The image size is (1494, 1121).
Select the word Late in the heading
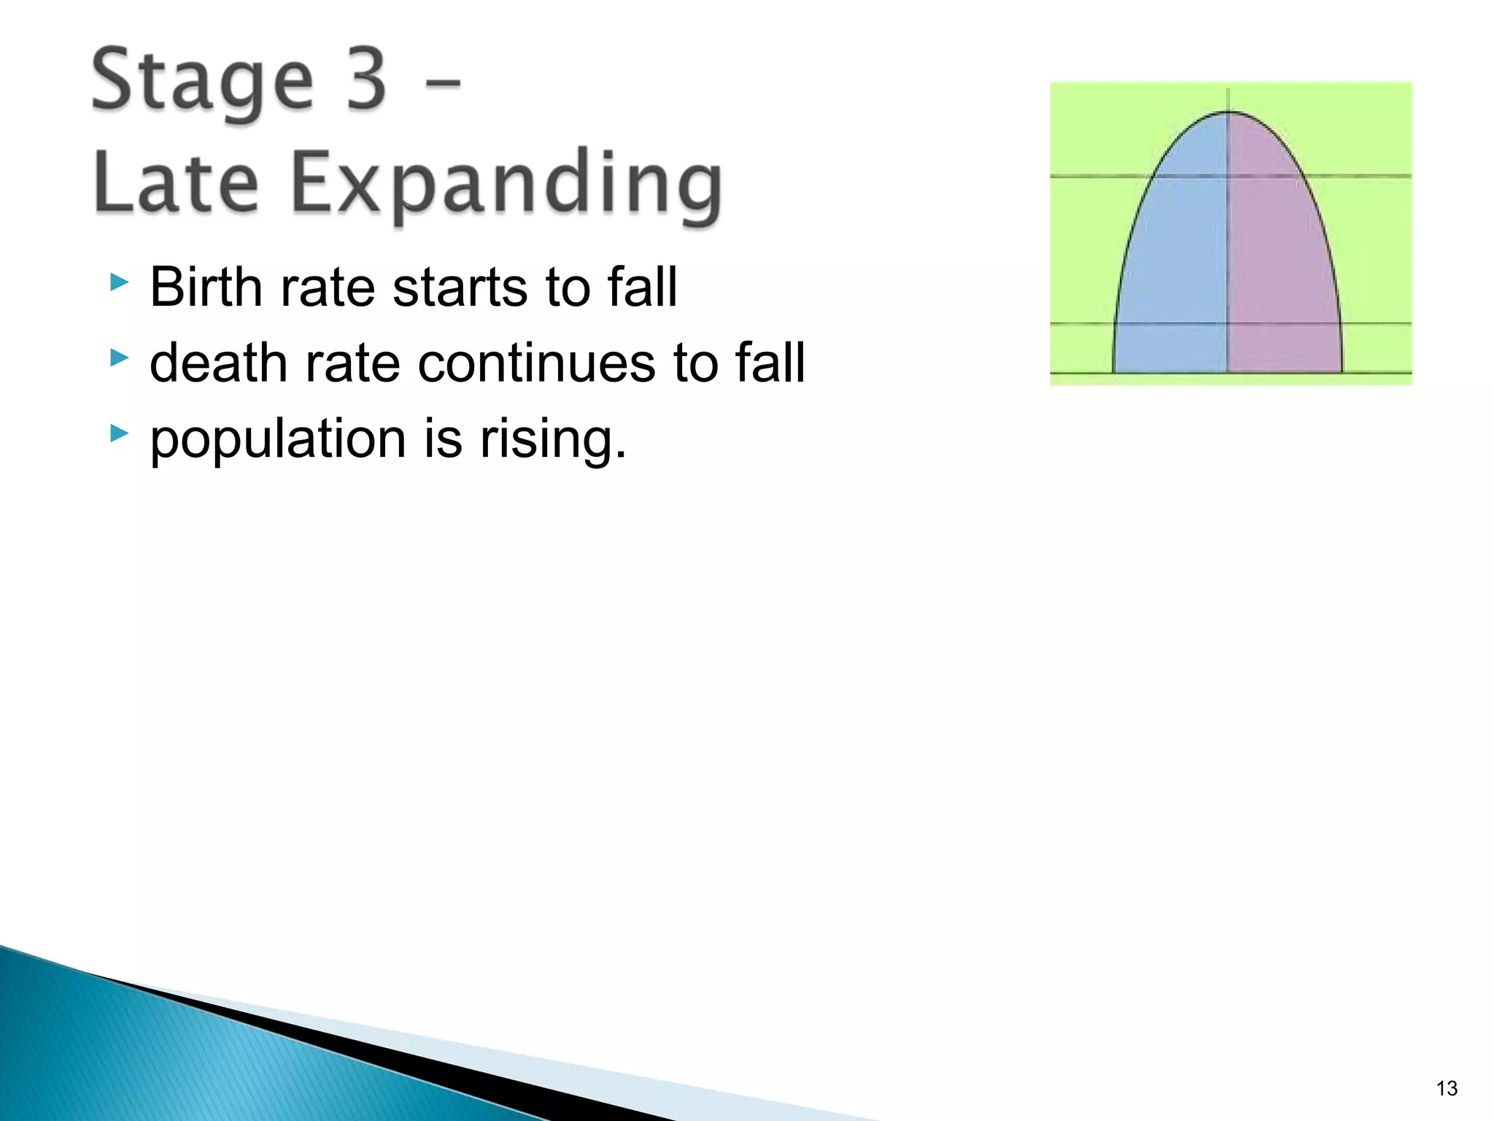tap(176, 182)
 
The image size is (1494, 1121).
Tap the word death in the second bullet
tap(218, 363)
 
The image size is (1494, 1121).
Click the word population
tap(277, 441)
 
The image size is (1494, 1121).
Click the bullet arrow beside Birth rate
tap(119, 282)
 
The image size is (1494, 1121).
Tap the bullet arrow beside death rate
tap(119, 358)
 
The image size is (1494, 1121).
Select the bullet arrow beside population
tap(119, 434)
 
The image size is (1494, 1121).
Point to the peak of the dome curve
tap(1228, 112)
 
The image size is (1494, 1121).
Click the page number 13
tap(1447, 1088)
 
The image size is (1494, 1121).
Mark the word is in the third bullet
tap(443, 439)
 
